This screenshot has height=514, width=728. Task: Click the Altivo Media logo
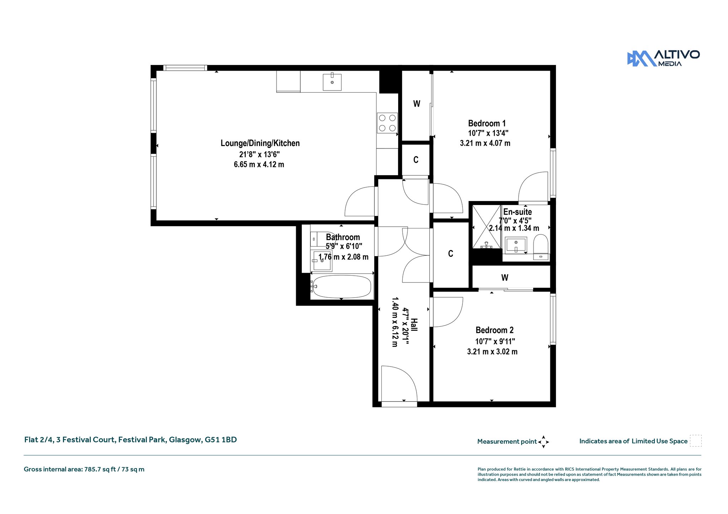pyautogui.click(x=663, y=58)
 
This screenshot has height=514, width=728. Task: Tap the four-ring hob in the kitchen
pyautogui.click(x=387, y=123)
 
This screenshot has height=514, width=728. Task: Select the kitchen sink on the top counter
pyautogui.click(x=332, y=82)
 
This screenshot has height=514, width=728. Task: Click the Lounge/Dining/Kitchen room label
pyautogui.click(x=260, y=143)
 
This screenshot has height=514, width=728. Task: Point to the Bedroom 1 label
pyautogui.click(x=487, y=123)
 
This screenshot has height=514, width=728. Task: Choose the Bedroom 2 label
pyautogui.click(x=494, y=330)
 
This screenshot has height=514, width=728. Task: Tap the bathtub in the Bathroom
pyautogui.click(x=342, y=286)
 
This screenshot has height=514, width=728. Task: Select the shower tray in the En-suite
pyautogui.click(x=487, y=226)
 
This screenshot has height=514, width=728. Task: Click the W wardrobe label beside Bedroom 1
pyautogui.click(x=417, y=104)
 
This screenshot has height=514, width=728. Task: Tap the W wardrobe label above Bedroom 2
pyautogui.click(x=505, y=277)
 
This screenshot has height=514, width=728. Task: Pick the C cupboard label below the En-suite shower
pyautogui.click(x=450, y=254)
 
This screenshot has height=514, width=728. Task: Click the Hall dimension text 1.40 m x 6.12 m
pyautogui.click(x=395, y=322)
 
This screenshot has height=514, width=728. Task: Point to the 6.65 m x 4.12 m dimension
pyautogui.click(x=259, y=164)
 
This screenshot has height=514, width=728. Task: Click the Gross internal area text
pyautogui.click(x=84, y=469)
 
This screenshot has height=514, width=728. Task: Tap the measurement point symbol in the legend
pyautogui.click(x=544, y=442)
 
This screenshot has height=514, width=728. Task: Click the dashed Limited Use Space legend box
pyautogui.click(x=696, y=441)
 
